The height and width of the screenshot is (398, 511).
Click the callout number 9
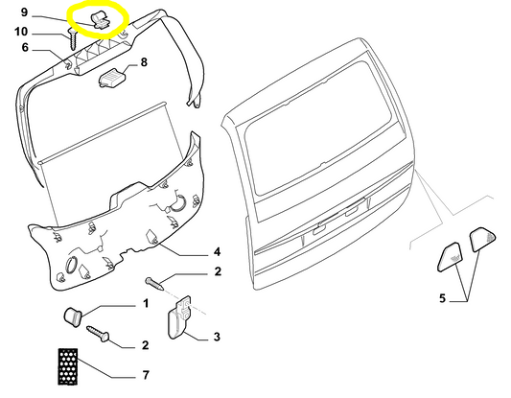[24, 12]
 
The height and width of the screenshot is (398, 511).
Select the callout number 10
[21, 32]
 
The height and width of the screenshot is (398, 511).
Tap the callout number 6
[25, 48]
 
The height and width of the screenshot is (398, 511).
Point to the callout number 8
[144, 62]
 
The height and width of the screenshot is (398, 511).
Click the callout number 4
[217, 251]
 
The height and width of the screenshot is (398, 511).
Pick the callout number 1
[146, 303]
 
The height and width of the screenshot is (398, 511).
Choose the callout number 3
[217, 337]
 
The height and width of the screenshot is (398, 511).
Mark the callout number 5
[442, 298]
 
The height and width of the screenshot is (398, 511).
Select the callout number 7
[146, 375]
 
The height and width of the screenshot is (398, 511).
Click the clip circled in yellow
[101, 20]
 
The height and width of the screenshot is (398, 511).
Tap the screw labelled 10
[72, 38]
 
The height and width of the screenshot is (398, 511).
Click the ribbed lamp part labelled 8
[112, 79]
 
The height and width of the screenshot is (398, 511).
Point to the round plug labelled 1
[72, 316]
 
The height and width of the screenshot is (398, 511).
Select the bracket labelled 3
[179, 317]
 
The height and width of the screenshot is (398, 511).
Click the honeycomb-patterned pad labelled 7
[68, 366]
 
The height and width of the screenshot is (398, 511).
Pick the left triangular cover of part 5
[450, 257]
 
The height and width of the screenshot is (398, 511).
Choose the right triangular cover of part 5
[482, 240]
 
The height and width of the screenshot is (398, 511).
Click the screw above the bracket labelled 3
[153, 283]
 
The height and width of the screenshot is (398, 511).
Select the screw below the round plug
[98, 334]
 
